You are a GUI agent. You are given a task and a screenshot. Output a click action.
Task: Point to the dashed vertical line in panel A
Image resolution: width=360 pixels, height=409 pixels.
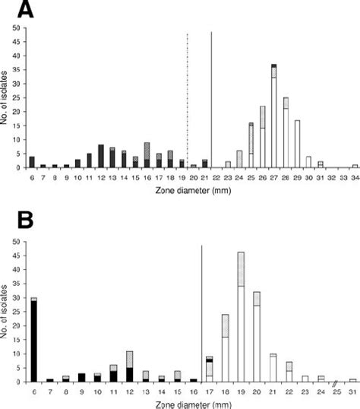coord(188,99)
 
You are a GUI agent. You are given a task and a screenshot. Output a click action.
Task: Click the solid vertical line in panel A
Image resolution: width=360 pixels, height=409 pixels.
coord(211,99)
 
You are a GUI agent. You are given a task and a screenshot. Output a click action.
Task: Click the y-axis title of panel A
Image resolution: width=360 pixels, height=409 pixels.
coord(8,98)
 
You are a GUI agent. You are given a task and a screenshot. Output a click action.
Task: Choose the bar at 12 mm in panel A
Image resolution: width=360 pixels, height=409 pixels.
coord(100,156)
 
